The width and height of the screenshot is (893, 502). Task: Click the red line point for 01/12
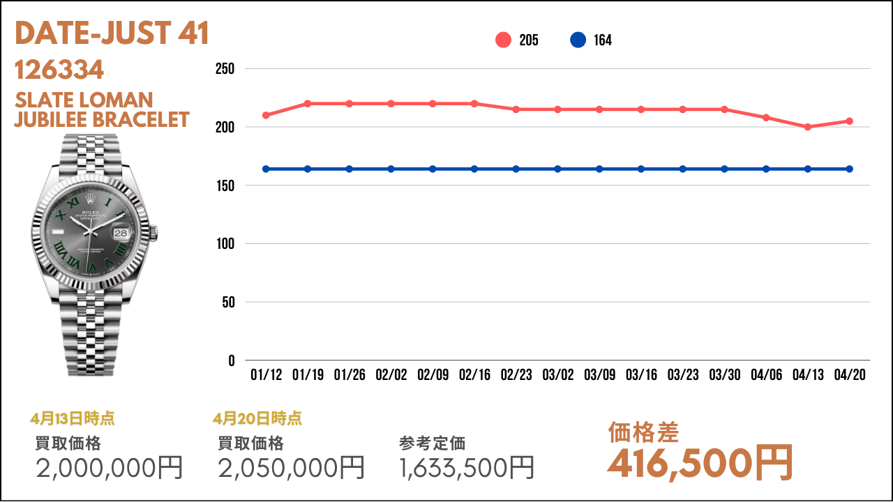266,115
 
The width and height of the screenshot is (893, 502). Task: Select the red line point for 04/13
808,127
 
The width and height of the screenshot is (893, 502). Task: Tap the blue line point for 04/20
850,169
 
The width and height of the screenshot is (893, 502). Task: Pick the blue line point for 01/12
266,169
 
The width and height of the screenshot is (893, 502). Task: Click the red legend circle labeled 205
504,40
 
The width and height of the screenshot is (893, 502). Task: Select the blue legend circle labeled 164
578,40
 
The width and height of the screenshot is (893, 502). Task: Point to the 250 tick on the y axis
225,69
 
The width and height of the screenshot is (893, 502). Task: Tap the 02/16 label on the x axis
474,375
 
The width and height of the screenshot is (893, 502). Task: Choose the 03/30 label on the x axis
725,375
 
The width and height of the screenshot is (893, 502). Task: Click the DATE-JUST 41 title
112,33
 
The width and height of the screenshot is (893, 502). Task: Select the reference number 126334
59,70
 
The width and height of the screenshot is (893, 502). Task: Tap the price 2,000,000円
110,468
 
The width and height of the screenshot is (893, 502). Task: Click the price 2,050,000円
292,468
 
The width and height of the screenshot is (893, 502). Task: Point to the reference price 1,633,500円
467,468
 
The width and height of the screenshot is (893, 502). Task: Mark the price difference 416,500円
700,462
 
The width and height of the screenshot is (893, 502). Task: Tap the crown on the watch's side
155,229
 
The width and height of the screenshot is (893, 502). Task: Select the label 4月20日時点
257,418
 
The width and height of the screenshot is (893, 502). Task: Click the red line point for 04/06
766,117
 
